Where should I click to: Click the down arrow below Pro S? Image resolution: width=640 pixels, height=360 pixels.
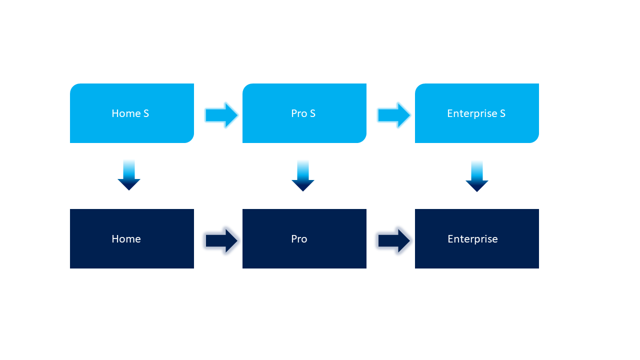click(x=303, y=177)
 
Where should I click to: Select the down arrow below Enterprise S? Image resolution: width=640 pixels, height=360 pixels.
click(x=477, y=177)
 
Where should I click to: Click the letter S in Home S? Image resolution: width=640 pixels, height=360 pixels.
click(x=146, y=113)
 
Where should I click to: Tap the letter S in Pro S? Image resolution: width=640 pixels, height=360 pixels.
click(x=312, y=113)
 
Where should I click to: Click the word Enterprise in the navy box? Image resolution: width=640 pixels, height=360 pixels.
click(x=472, y=239)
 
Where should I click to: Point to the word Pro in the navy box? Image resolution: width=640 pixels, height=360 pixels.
click(x=299, y=239)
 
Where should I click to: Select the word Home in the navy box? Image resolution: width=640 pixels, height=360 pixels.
click(x=126, y=239)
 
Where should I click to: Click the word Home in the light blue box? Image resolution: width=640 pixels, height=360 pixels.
click(x=126, y=113)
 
